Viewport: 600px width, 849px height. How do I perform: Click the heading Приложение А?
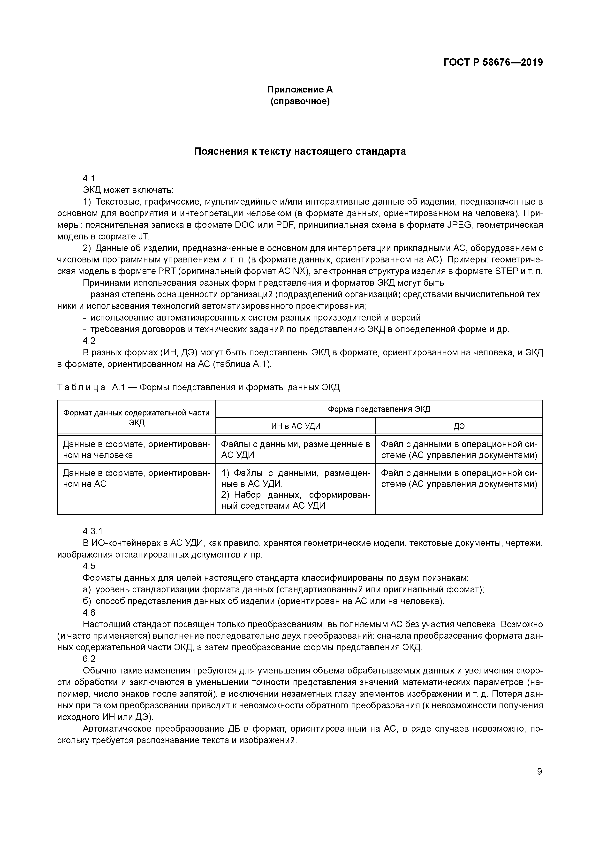pyautogui.click(x=300, y=90)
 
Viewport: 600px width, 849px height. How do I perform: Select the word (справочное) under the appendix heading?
pyautogui.click(x=300, y=101)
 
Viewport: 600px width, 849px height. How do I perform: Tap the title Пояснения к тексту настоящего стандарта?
pyautogui.click(x=300, y=152)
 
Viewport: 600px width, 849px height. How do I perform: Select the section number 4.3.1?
pyautogui.click(x=92, y=531)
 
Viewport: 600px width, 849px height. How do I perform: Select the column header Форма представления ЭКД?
pyautogui.click(x=379, y=409)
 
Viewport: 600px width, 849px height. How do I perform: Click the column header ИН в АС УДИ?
pyautogui.click(x=296, y=426)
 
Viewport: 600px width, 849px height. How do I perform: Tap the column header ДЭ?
pyautogui.click(x=459, y=426)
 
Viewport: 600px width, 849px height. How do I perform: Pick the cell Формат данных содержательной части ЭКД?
pyautogui.click(x=137, y=417)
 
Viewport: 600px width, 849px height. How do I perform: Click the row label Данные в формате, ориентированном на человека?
pyautogui.click(x=137, y=450)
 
